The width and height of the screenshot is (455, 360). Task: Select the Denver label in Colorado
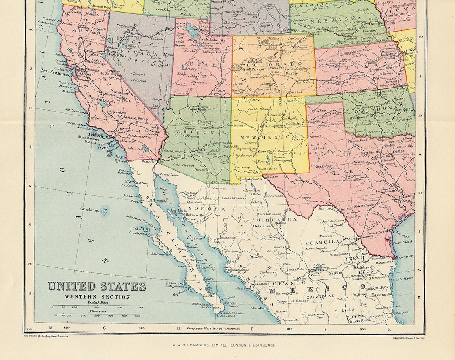[277, 53]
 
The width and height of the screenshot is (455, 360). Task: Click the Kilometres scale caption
[97, 311]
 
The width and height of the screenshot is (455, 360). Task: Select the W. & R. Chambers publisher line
[224, 345]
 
